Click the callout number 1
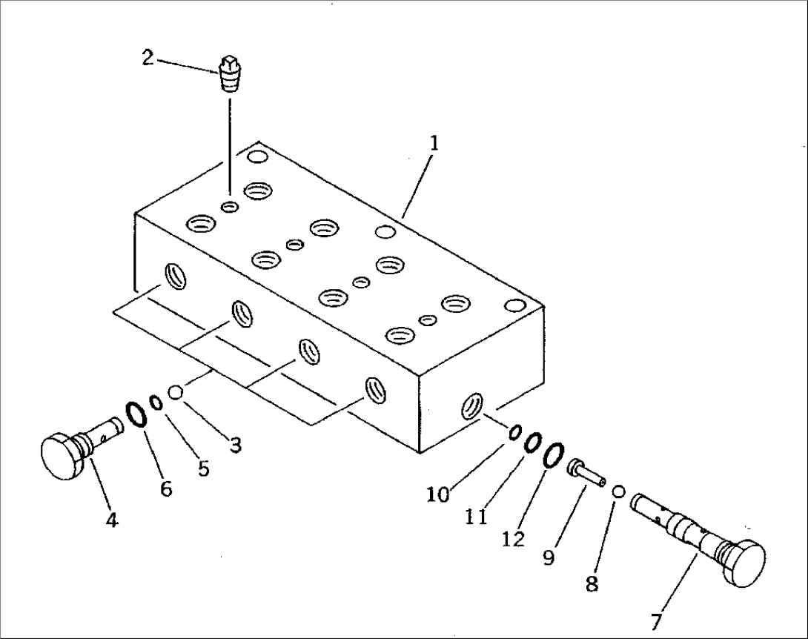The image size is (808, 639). coord(434,143)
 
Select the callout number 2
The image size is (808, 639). coord(148,57)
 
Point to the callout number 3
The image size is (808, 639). coord(236,446)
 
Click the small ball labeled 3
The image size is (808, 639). coord(176,392)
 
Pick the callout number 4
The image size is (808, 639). coord(111,520)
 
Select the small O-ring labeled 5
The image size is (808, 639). coord(156,403)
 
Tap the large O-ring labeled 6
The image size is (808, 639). coord(135,414)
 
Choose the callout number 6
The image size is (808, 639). coord(165,489)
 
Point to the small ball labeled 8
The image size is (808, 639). coord(619,491)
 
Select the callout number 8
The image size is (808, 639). coord(592,584)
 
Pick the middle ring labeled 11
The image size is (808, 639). coord(533,443)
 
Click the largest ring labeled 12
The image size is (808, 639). coord(553,455)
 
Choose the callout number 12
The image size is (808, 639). coord(512,539)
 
